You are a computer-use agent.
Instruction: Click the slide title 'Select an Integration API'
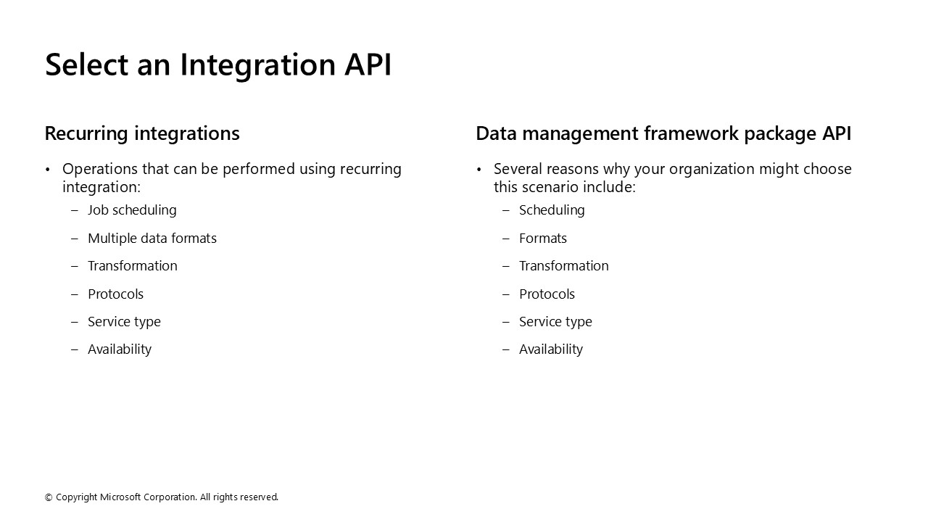[x=218, y=65]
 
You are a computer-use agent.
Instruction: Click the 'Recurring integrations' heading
[x=142, y=134]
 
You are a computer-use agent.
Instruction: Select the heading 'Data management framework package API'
[x=663, y=134]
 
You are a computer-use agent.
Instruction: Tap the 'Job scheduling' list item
[x=132, y=210]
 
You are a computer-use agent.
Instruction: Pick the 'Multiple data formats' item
[x=152, y=239]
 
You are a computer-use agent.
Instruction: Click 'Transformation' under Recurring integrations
[x=133, y=266]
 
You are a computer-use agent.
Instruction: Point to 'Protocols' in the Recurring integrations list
[x=115, y=294]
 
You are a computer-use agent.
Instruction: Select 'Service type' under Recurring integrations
[x=124, y=322]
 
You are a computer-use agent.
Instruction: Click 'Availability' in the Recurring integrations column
[x=120, y=349]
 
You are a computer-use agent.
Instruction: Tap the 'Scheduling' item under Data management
[x=552, y=210]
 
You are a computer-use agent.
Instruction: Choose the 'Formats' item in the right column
[x=543, y=239]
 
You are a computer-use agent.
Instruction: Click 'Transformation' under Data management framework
[x=564, y=266]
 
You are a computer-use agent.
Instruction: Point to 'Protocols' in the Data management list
[x=547, y=294]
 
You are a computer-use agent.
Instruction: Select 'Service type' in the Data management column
[x=555, y=322]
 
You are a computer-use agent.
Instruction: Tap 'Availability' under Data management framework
[x=551, y=349]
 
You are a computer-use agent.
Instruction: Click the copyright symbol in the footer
[x=49, y=497]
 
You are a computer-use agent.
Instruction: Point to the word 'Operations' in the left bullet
[x=100, y=170]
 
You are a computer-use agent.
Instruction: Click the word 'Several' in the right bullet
[x=518, y=169]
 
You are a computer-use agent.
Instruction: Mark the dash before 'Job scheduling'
[x=75, y=210]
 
